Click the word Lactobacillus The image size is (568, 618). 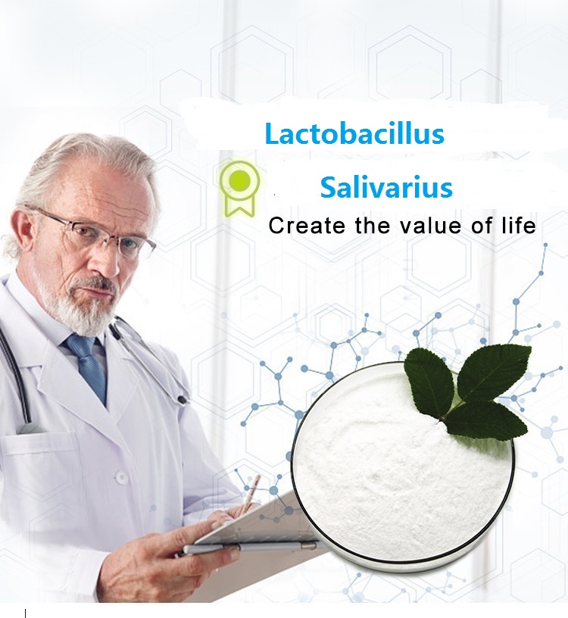tap(354, 133)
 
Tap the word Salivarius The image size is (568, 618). tap(386, 187)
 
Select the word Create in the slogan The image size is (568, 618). tap(307, 226)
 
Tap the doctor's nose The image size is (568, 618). tap(110, 261)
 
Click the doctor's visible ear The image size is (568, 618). tap(24, 233)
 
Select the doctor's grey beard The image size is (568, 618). tap(79, 304)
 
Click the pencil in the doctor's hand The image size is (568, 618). tap(251, 494)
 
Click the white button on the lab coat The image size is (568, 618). tap(121, 478)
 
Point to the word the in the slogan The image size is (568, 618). tap(372, 226)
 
